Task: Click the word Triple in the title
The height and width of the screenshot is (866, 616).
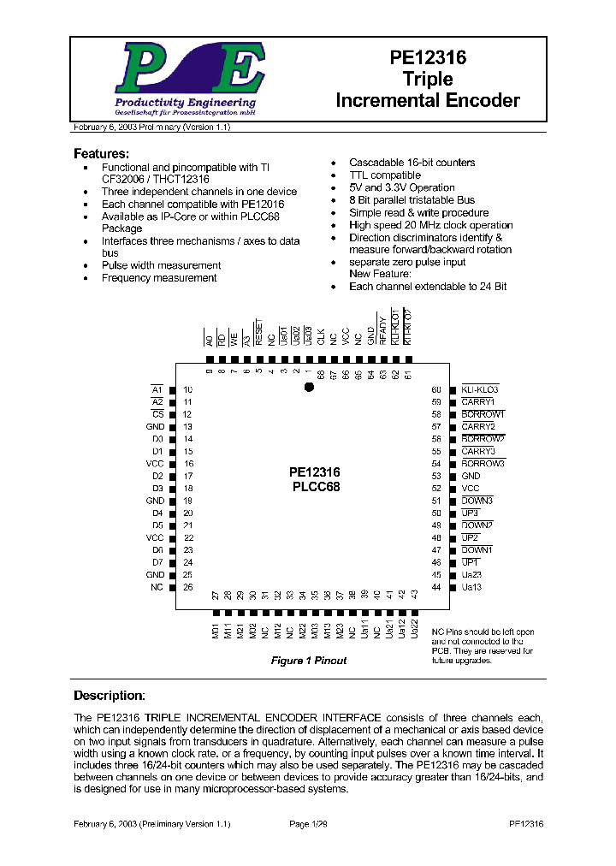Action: pyautogui.click(x=427, y=80)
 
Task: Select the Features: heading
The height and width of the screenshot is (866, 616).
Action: pyautogui.click(x=101, y=154)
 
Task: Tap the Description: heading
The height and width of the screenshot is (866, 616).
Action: pyautogui.click(x=109, y=696)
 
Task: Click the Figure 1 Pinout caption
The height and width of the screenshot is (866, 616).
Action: pyautogui.click(x=309, y=661)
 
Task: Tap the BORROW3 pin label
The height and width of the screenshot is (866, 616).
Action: pyautogui.click(x=483, y=463)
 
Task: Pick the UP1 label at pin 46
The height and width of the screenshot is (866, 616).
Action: pyautogui.click(x=471, y=562)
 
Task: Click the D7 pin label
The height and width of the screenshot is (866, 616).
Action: pyautogui.click(x=157, y=562)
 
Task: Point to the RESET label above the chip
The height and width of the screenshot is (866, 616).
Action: pyautogui.click(x=258, y=333)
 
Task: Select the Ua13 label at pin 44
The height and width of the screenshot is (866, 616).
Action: pyautogui.click(x=472, y=587)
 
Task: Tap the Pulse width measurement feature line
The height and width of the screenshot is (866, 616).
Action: pyautogui.click(x=161, y=265)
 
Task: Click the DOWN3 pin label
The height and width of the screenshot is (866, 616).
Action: pyautogui.click(x=477, y=501)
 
